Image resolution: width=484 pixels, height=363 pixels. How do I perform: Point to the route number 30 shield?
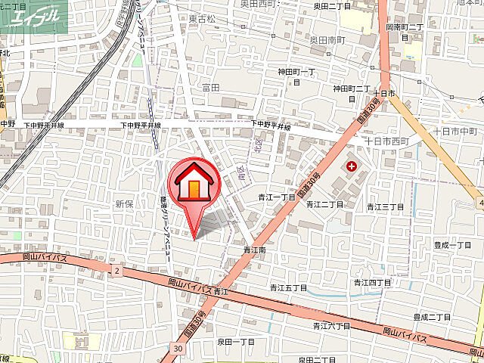[x=176, y=349]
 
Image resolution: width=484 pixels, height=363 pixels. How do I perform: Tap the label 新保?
[x=124, y=203]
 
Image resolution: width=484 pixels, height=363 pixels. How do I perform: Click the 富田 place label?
[x=210, y=88]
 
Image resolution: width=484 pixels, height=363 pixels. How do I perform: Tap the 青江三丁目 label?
[x=383, y=206]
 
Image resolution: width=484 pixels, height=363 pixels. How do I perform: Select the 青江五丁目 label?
[x=288, y=288]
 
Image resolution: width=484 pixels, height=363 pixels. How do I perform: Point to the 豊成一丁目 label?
[x=452, y=244]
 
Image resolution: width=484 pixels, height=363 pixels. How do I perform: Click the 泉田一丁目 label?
[x=236, y=342]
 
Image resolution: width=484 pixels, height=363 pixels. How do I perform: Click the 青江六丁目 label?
[x=332, y=326]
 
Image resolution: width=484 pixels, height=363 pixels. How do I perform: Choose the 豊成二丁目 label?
[x=432, y=316]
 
